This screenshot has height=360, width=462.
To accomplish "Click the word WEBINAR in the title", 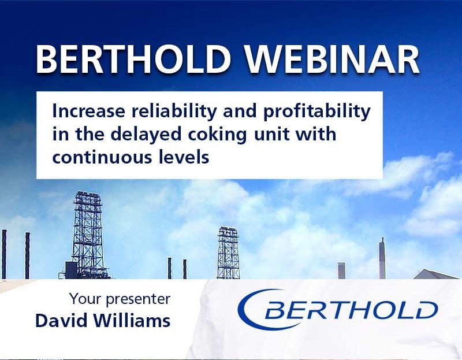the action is (x=332, y=60).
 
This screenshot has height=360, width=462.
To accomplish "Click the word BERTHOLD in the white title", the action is (x=133, y=60).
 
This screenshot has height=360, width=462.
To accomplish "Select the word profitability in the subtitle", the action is (x=316, y=112).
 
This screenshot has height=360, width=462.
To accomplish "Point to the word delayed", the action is (x=146, y=135).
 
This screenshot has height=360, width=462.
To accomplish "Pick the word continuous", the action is (x=102, y=157).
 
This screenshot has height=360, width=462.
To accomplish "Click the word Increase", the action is (x=89, y=112).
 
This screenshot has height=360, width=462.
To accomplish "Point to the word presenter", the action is (x=138, y=299).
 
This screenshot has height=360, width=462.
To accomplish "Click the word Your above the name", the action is (x=85, y=298).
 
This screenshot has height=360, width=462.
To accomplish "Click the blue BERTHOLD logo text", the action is (x=351, y=310).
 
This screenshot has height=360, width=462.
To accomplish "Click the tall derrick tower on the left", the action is (x=88, y=235).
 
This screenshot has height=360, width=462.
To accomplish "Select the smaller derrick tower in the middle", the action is (x=228, y=253).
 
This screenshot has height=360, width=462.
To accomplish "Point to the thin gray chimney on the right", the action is (x=382, y=258).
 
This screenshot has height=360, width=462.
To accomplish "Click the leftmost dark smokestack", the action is (x=4, y=254).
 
